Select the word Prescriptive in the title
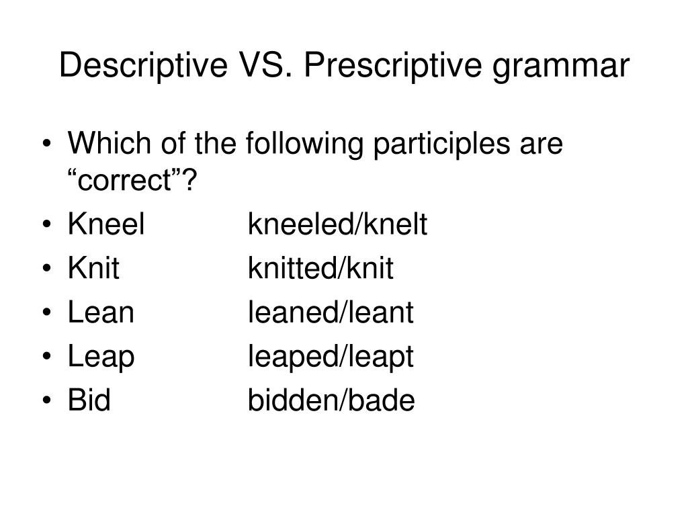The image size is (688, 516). (374, 67)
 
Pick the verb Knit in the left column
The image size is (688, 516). (93, 269)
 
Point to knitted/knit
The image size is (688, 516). (320, 269)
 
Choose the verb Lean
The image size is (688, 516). (101, 313)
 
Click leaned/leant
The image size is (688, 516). (331, 313)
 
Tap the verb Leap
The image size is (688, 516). (101, 358)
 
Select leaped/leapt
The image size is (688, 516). (331, 358)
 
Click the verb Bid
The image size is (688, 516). (89, 401)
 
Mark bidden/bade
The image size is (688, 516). (331, 401)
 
